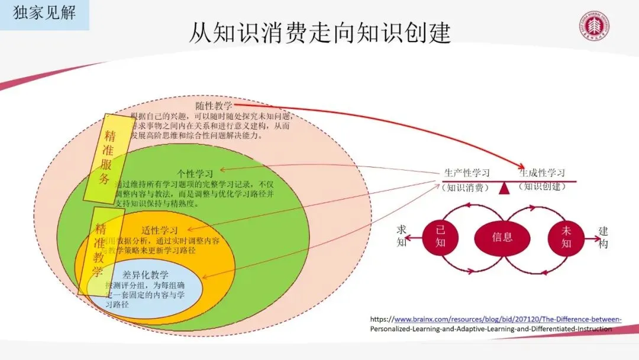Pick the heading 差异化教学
tap(145, 275)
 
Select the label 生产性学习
tap(466, 173)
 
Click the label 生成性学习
tap(541, 173)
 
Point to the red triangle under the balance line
tap(504, 189)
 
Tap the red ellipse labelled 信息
tap(502, 237)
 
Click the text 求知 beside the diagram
tap(402, 236)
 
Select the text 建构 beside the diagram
tap(603, 237)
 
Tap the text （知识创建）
tap(542, 187)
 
